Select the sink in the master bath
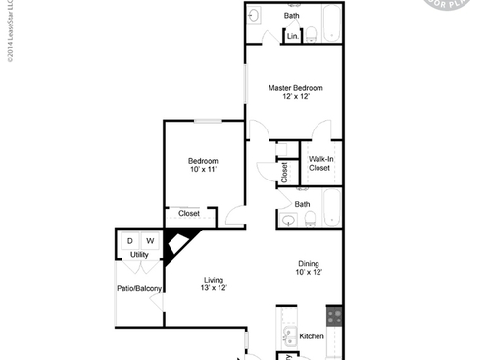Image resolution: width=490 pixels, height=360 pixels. (x=253, y=16)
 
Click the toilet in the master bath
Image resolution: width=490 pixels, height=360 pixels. (x=311, y=34)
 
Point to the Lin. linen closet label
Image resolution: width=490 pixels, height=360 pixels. (x=292, y=37)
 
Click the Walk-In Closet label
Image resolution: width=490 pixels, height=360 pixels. (x=319, y=163)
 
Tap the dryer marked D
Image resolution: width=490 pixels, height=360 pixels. (x=129, y=241)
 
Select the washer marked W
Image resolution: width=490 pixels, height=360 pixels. (x=150, y=241)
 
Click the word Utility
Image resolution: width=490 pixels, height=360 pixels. (x=139, y=255)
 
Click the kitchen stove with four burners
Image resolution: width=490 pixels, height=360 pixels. (x=334, y=317)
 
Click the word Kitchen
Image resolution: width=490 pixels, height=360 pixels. (x=312, y=336)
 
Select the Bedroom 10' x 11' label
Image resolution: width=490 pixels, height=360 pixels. (x=203, y=165)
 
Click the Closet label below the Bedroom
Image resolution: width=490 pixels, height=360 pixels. (x=189, y=213)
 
